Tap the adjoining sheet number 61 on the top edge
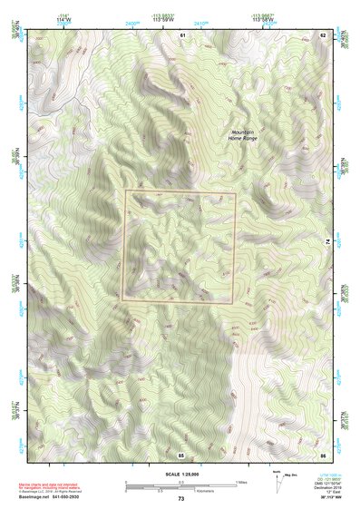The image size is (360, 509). pos(181,34)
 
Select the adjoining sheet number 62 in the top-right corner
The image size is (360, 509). pos(323,34)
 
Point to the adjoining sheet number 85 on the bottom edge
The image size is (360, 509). pos(181,455)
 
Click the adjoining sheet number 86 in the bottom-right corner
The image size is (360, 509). pos(323,455)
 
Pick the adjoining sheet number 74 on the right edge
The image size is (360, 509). pos(327,243)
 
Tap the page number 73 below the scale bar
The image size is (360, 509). pos(180,499)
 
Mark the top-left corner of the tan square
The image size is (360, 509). pos(125,191)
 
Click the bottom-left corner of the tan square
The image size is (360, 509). pos(125,302)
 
